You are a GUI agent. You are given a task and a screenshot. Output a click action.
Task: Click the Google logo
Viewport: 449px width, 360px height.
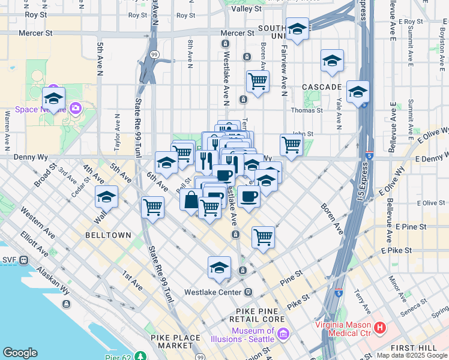(20, 353)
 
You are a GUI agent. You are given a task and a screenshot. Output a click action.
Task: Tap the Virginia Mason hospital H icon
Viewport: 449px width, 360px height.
(379, 328)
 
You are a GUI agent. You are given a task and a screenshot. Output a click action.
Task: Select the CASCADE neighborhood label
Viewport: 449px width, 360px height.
(322, 87)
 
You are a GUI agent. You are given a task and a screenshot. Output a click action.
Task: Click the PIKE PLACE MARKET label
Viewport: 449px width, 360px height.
(175, 341)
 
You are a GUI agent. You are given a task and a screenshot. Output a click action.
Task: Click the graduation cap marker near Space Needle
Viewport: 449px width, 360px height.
(53, 98)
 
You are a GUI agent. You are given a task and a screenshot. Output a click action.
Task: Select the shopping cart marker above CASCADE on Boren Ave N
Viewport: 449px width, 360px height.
(258, 80)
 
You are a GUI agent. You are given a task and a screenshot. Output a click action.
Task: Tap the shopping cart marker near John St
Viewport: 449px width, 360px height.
(291, 145)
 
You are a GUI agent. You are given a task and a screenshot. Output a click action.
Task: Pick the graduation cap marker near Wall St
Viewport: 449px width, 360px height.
(106, 196)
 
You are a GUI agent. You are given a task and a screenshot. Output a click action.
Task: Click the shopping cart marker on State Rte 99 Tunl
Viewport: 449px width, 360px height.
(153, 208)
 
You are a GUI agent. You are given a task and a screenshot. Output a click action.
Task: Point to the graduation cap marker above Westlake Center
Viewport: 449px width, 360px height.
(220, 267)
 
